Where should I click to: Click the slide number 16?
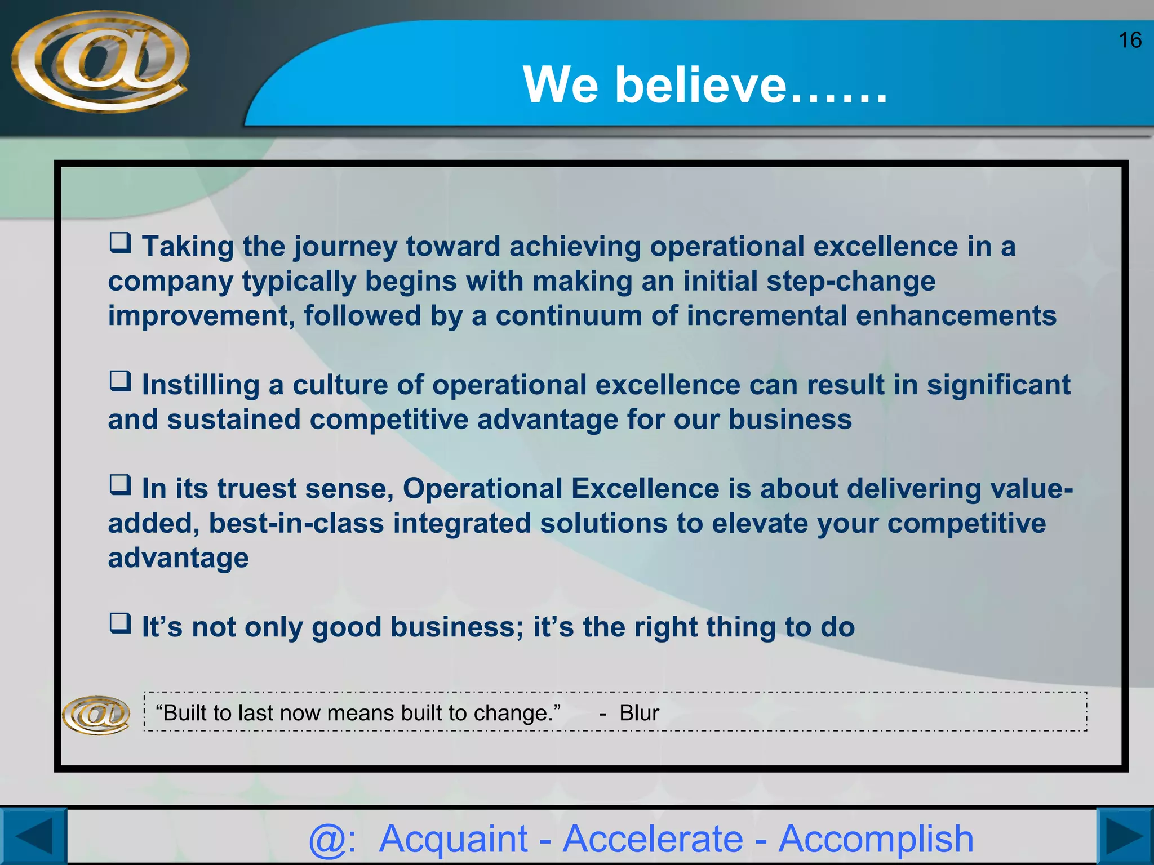pos(1129,41)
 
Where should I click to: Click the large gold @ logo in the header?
pos(100,61)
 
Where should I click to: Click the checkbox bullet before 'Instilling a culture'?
pos(120,381)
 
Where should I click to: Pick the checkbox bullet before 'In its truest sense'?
pos(120,485)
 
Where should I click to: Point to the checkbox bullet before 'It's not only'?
pos(120,623)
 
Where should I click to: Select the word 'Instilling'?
pos(200,385)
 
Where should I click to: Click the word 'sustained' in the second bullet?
pos(233,420)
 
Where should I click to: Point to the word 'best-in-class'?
pos(296,524)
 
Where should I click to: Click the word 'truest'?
pos(256,489)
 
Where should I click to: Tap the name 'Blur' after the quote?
pos(639,713)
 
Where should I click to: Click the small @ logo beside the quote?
pos(96,715)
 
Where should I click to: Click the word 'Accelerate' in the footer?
pos(653,839)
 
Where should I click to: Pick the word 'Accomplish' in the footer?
pos(876,839)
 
